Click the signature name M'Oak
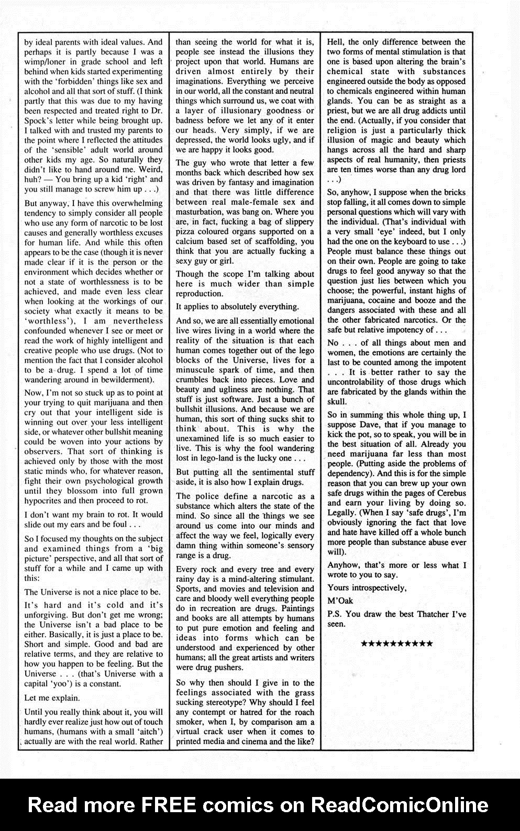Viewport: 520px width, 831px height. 340,601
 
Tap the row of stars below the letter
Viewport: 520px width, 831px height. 397,643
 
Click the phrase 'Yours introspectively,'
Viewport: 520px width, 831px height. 367,588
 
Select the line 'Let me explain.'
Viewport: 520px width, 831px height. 52,698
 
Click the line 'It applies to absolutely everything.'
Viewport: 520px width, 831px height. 237,307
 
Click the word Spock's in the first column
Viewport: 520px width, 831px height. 39,120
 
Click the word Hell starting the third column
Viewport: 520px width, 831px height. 335,42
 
